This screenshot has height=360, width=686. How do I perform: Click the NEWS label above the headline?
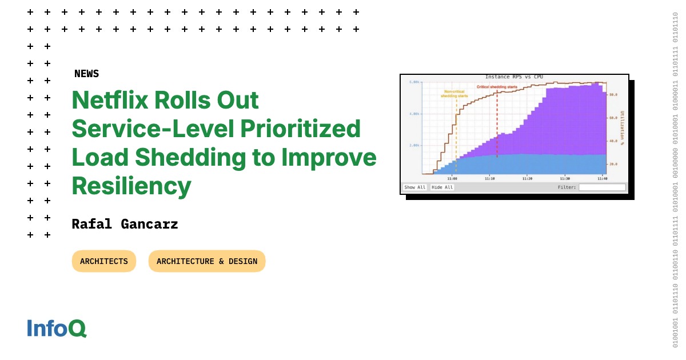point(86,74)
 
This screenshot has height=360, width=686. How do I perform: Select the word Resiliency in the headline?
point(131,186)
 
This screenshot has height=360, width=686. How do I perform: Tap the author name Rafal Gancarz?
point(125,224)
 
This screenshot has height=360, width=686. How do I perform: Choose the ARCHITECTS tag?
point(104,261)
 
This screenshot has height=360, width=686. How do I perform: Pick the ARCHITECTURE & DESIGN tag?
point(207,261)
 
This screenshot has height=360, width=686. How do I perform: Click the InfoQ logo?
point(57,328)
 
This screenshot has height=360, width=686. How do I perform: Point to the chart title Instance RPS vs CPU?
point(514,77)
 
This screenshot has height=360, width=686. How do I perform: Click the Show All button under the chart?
point(414,187)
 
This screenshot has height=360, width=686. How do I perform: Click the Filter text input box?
point(602,187)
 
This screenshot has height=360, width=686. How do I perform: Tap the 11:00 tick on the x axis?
point(452,178)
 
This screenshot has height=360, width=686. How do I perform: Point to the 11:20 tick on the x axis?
point(527,178)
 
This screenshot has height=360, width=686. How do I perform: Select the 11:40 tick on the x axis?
point(602,178)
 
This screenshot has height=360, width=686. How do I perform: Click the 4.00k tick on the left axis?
point(414,114)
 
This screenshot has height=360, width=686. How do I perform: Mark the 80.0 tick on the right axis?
point(613,95)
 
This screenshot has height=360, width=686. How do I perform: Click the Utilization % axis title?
point(622,128)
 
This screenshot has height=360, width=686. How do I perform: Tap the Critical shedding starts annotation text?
point(497,87)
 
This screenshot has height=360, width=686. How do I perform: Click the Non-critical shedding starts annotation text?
point(454,94)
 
